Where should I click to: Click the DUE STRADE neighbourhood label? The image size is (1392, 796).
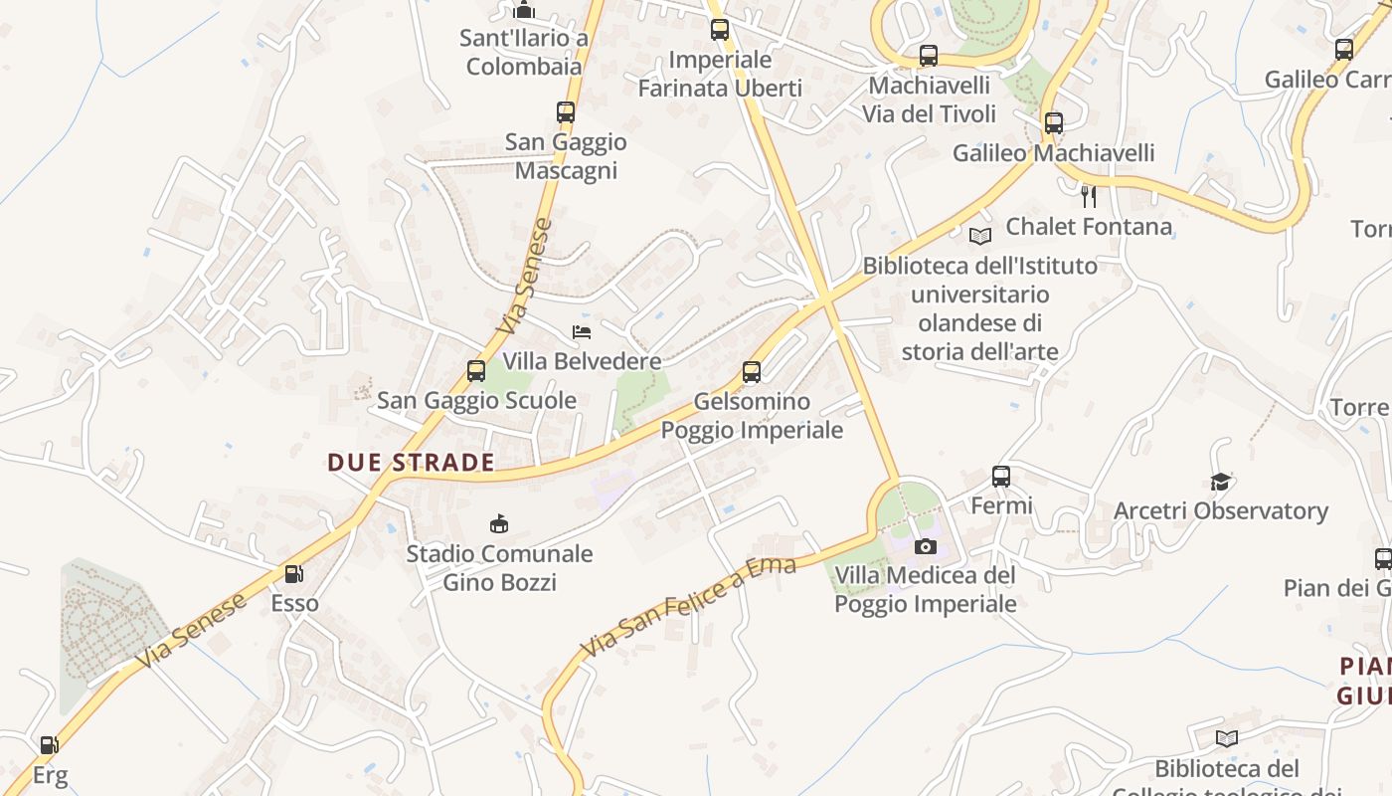411,462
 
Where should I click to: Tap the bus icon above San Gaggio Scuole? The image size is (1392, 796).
476,371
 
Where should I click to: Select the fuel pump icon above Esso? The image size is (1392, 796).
293,574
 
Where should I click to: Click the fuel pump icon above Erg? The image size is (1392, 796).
48,744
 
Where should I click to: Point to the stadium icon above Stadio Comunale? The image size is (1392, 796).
499,523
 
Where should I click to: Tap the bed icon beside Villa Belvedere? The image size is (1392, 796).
582,331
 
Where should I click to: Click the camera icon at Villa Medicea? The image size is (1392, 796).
925,546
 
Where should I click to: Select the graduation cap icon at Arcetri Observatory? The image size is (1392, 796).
1220,483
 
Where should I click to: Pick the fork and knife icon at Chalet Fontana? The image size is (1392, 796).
1089,197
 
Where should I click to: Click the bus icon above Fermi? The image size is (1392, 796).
1001,477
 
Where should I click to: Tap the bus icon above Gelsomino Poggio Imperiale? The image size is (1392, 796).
752,372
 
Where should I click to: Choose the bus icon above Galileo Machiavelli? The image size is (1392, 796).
1054,124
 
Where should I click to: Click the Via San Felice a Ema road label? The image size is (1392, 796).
688,607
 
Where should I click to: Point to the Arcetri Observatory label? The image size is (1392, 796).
1221,511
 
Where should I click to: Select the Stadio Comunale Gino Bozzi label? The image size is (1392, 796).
499,567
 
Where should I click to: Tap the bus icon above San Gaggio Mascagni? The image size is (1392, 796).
566,112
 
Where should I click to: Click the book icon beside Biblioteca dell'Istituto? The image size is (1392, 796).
980,236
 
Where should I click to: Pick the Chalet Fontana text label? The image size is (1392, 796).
1089,227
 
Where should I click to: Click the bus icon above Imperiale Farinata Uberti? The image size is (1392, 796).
720,30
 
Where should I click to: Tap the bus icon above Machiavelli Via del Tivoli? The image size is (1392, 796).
929,56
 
